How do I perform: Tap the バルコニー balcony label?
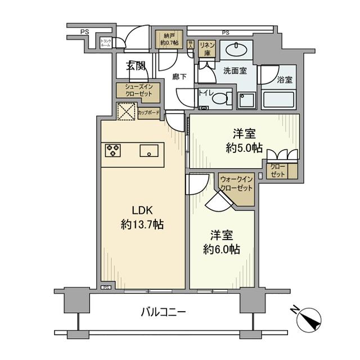coord(163,311)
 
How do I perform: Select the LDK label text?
coord(143,210)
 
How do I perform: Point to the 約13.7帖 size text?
coord(142,224)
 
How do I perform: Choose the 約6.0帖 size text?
coord(220,249)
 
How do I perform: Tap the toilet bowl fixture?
coord(219,98)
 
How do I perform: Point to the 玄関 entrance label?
coord(136,65)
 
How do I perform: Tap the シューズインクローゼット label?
coord(138,91)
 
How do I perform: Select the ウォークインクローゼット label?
coord(237,183)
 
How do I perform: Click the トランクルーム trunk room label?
coord(106,42)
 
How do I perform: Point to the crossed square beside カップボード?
coord(127,111)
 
